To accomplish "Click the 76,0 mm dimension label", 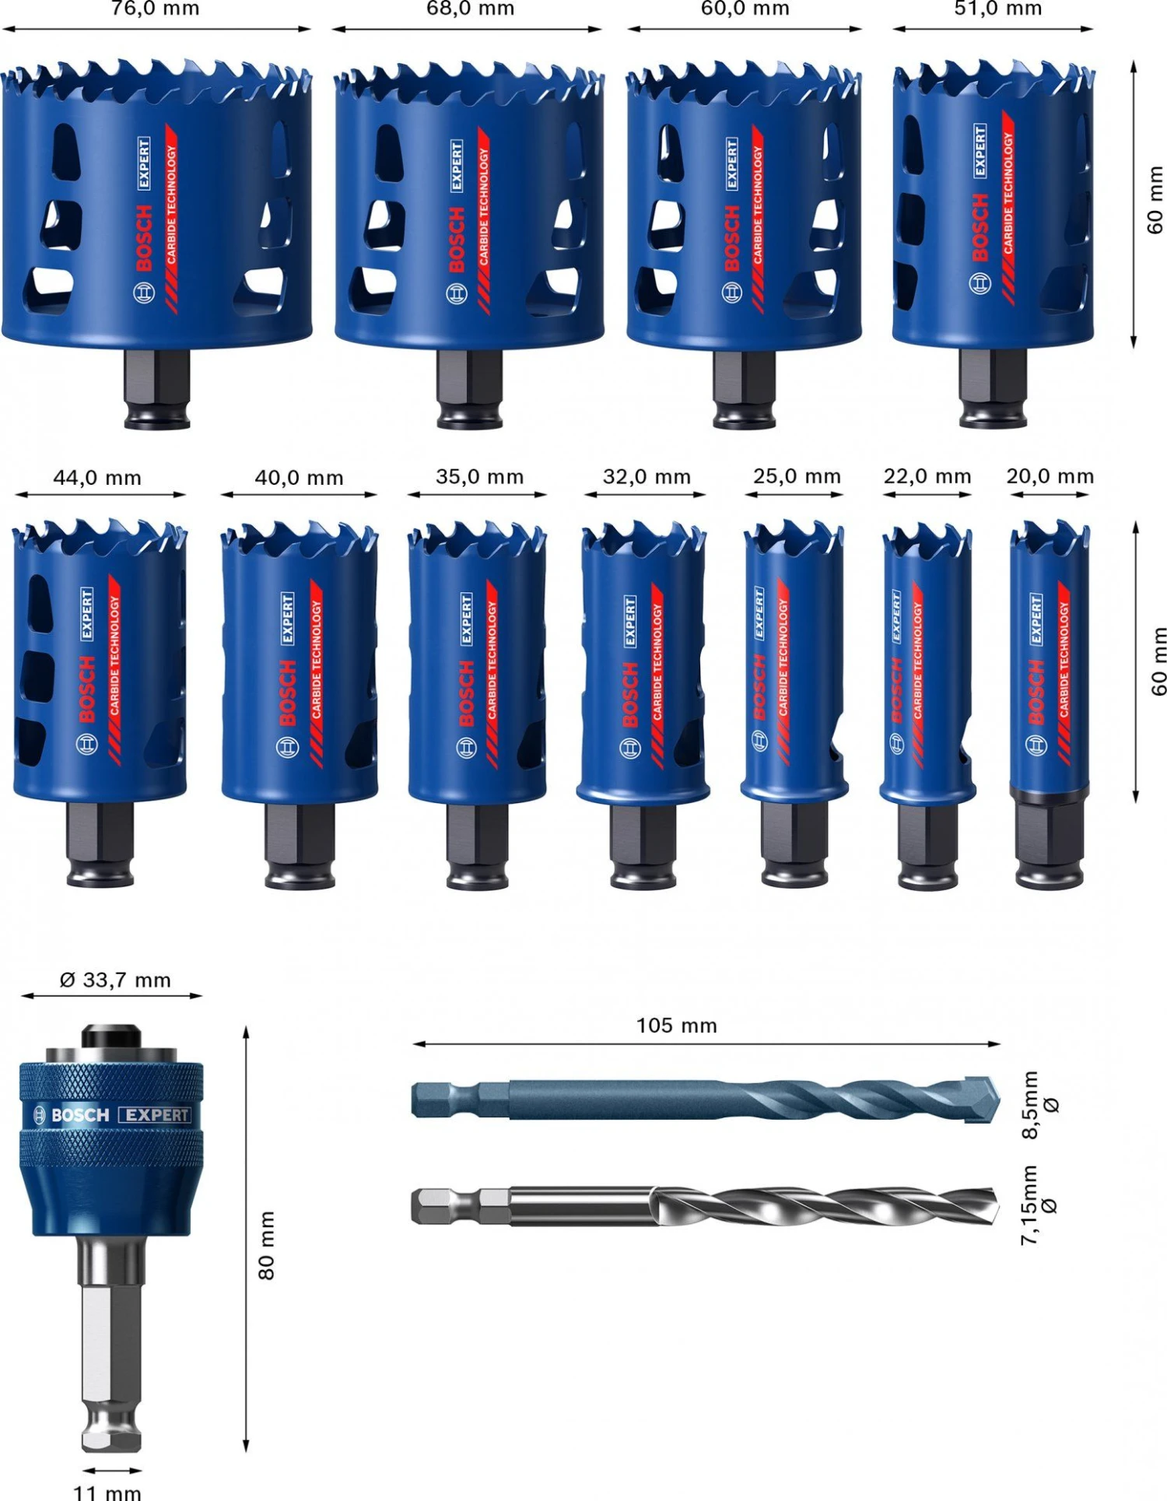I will click(155, 9).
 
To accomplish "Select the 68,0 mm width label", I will click(470, 9).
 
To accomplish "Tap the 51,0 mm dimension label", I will click(997, 9).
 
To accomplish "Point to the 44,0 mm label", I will click(97, 478).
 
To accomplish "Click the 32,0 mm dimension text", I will click(647, 476).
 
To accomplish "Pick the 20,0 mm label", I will click(1050, 475).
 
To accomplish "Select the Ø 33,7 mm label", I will click(115, 980).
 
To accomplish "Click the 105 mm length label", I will click(676, 1026).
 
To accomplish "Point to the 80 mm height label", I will click(266, 1245).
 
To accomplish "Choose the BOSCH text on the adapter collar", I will click(79, 1115).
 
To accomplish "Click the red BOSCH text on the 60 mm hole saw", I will click(731, 237).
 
